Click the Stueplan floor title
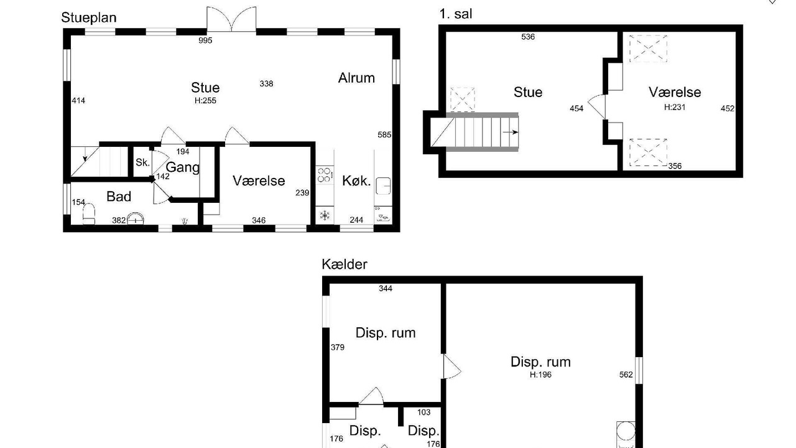(x=89, y=18)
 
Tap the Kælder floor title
(x=345, y=264)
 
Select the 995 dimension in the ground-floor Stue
(x=205, y=40)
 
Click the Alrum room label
(x=356, y=78)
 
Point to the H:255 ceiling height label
(x=205, y=101)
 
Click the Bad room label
(x=119, y=196)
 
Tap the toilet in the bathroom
(x=89, y=213)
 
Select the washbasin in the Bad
(x=136, y=218)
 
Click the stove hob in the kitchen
(x=325, y=175)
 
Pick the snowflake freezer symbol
(x=325, y=215)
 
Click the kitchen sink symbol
(x=383, y=185)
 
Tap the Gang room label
(x=183, y=167)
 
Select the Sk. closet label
(x=142, y=162)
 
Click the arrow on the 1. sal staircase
(x=511, y=133)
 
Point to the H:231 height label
(x=675, y=107)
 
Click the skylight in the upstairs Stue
(x=462, y=100)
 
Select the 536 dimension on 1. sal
(x=528, y=37)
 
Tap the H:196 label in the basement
(x=540, y=375)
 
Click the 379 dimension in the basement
(x=338, y=347)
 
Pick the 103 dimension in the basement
(x=423, y=412)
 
